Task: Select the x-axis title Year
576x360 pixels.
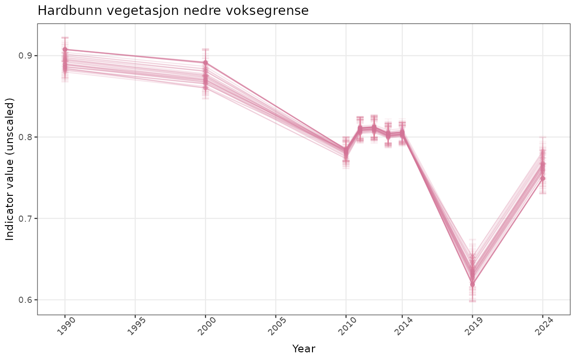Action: (303, 349)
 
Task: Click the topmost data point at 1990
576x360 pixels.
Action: (65, 49)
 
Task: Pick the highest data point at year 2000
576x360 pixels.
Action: (205, 63)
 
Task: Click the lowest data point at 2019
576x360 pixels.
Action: (472, 285)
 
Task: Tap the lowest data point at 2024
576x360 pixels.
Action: (543, 179)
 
